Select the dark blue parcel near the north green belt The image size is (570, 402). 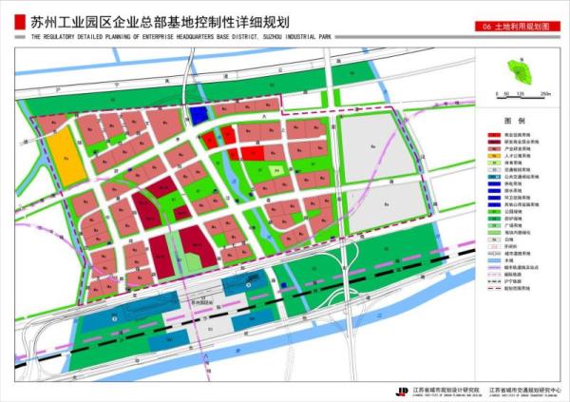coord(199,114)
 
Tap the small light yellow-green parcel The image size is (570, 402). coord(275,171)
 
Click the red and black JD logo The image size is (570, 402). coord(403,390)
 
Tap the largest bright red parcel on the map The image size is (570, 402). coord(253,151)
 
